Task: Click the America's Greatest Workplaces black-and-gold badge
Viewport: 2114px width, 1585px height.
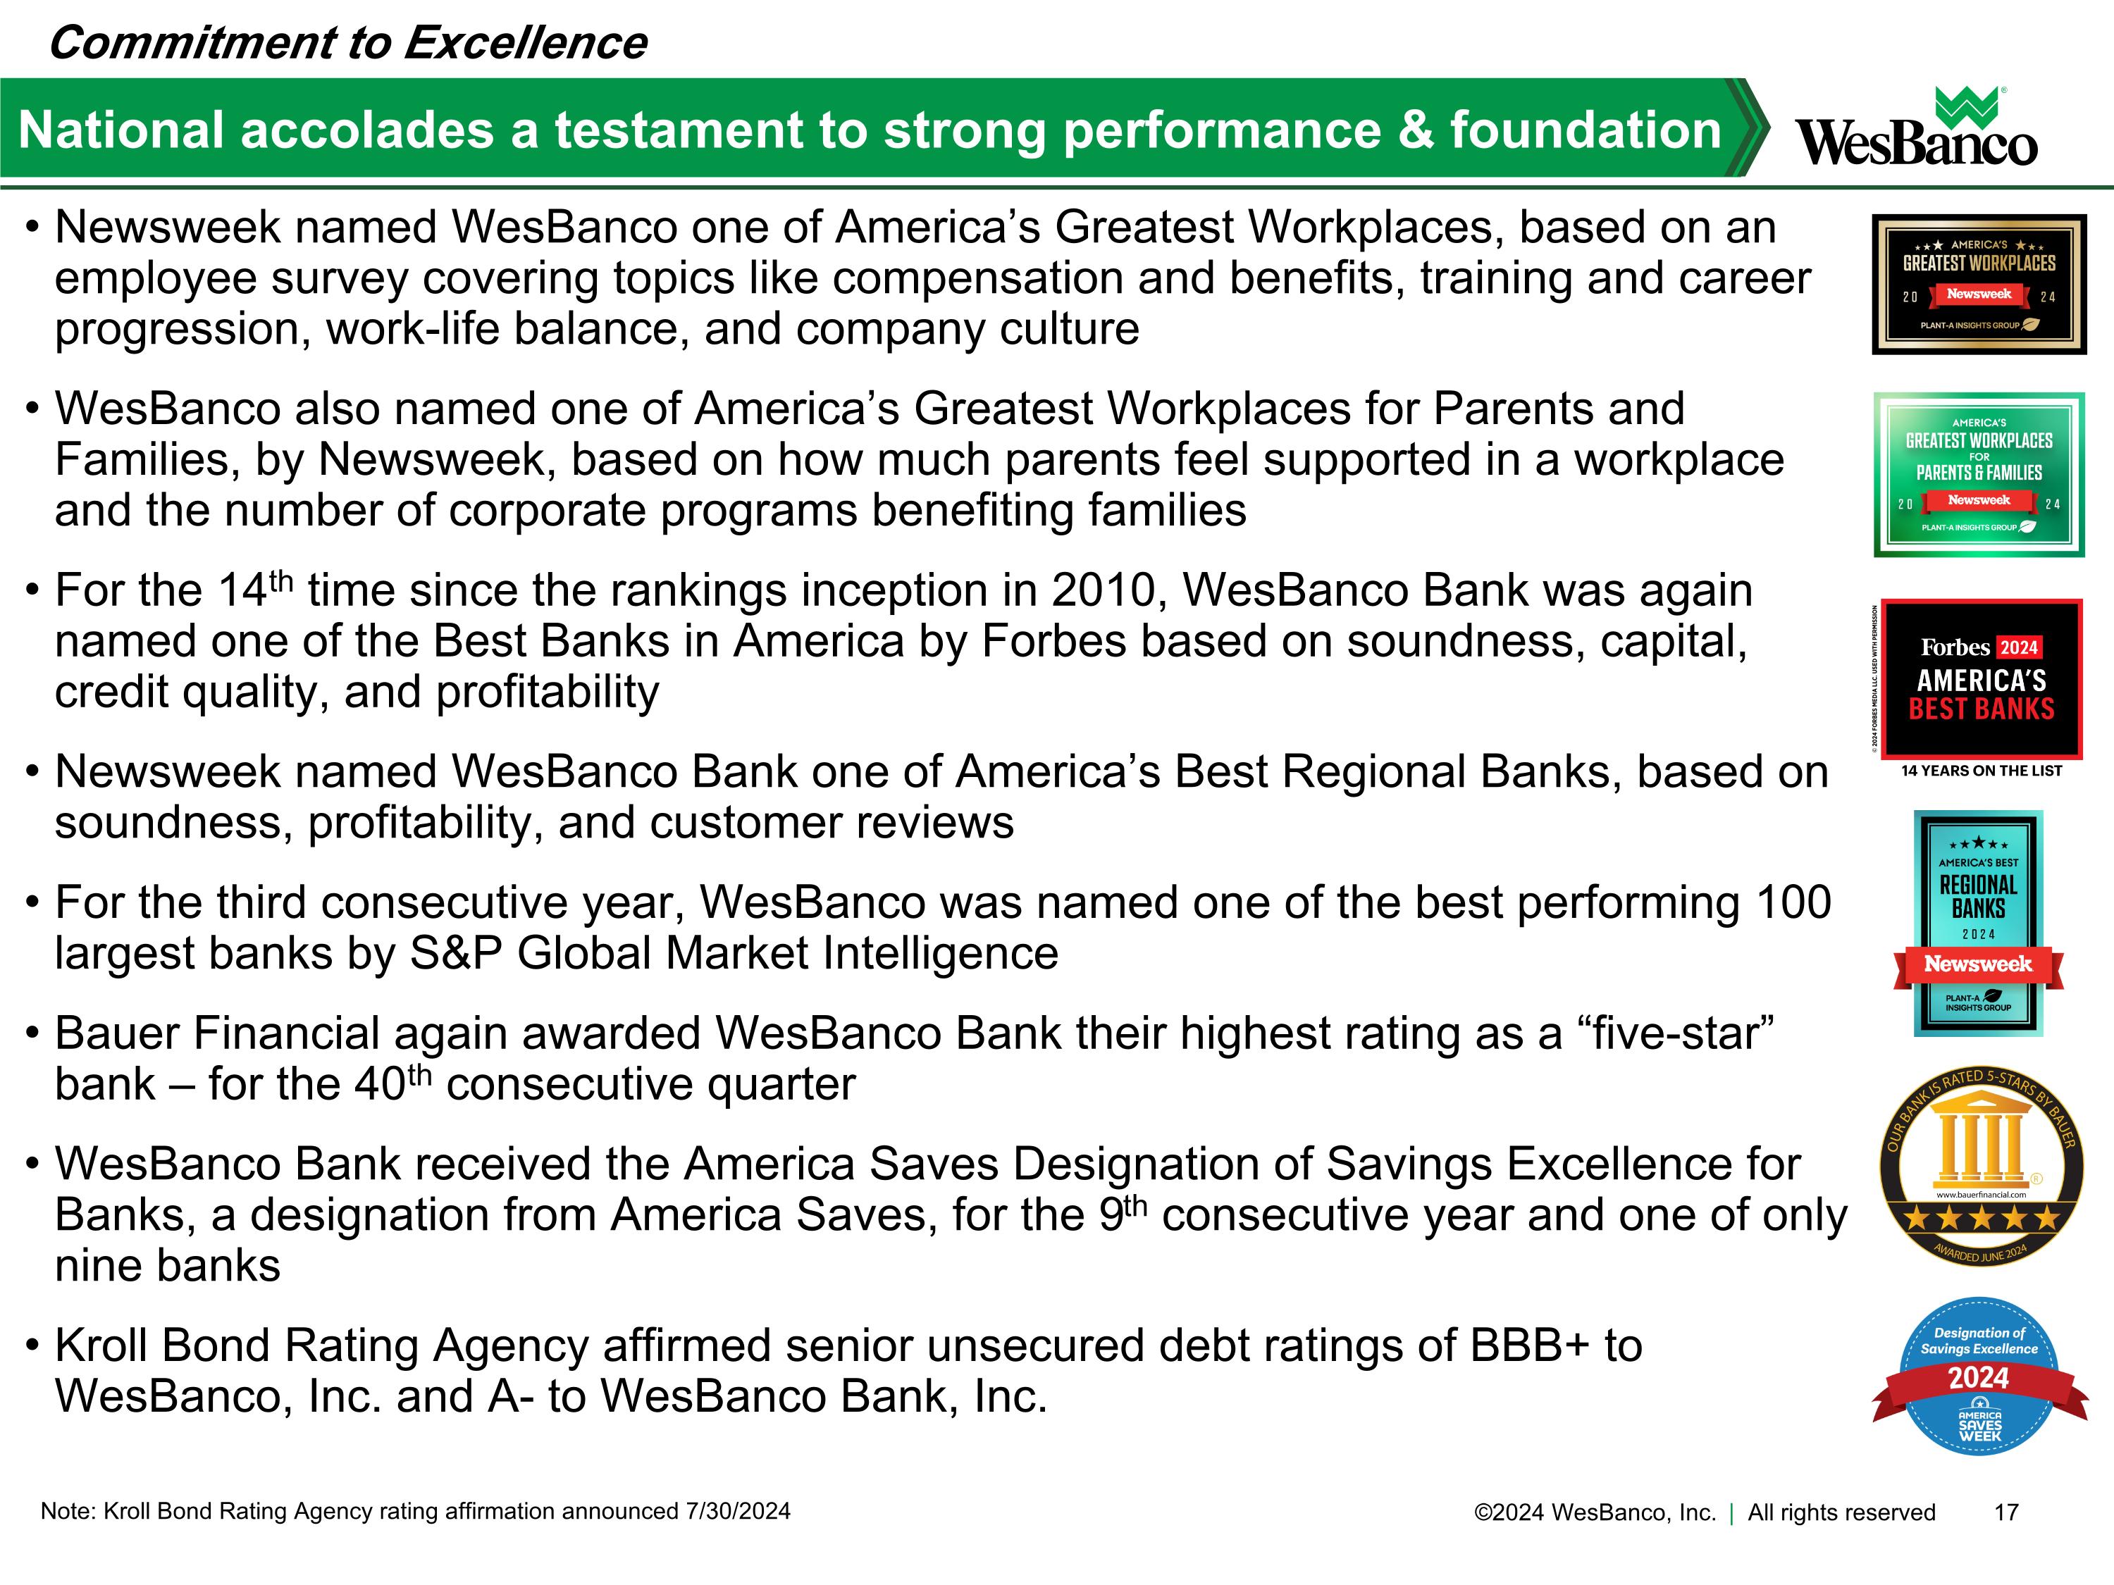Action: tap(1978, 284)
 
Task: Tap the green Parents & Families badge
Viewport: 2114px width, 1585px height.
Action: tap(1978, 474)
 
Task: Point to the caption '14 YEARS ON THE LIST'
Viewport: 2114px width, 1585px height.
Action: tap(1981, 771)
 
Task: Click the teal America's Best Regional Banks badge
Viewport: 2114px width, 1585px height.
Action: tap(1978, 923)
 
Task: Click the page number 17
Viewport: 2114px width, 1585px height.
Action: tap(2006, 1512)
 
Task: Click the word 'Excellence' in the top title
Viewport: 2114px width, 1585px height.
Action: tap(525, 43)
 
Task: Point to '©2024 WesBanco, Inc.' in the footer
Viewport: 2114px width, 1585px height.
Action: tap(1594, 1512)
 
